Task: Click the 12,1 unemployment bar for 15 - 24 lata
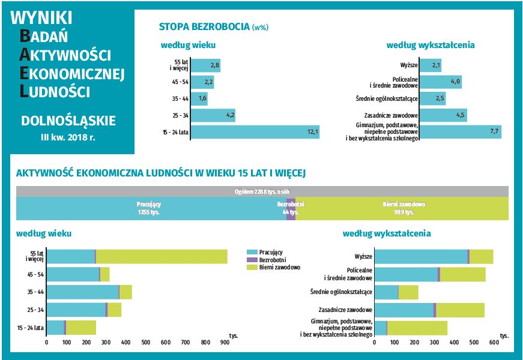[255, 131]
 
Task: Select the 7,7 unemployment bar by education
[460, 131]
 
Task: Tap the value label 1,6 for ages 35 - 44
[202, 98]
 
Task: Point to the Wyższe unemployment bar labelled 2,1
[430, 65]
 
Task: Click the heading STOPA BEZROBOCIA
[204, 26]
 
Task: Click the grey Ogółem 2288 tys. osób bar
[262, 191]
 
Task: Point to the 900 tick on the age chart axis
[225, 343]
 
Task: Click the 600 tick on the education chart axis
[494, 343]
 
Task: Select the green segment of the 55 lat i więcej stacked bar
[162, 256]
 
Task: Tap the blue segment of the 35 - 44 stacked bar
[83, 292]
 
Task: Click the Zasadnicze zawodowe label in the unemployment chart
[391, 115]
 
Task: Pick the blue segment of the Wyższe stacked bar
[420, 256]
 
